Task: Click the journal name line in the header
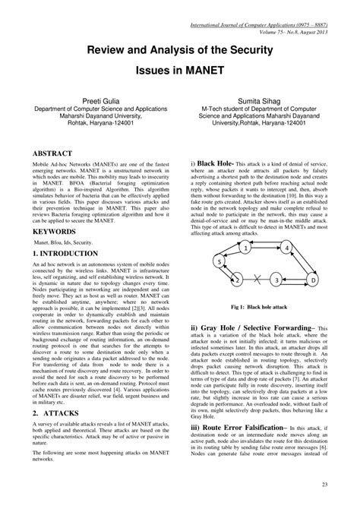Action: (x=264, y=7)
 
